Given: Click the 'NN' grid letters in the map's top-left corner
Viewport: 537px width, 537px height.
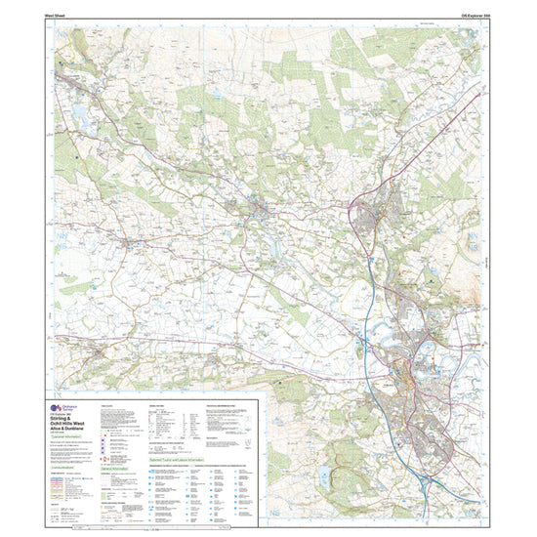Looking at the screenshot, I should [x=59, y=30].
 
